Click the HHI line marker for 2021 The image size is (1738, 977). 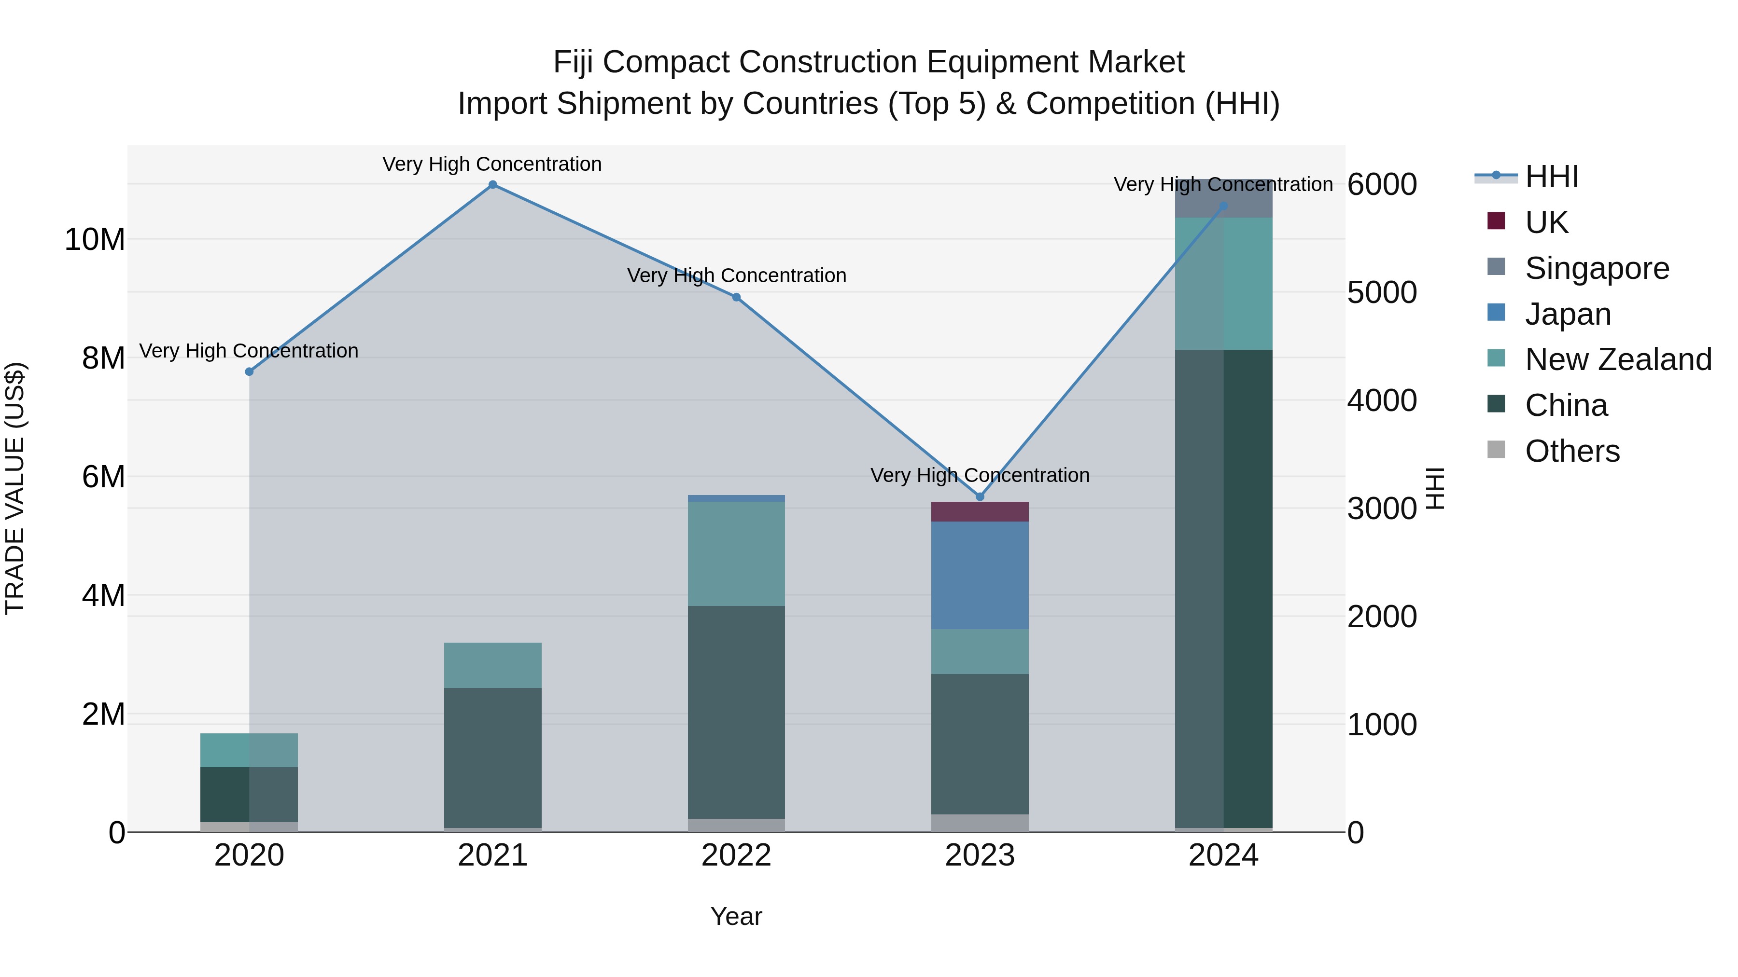click(x=492, y=185)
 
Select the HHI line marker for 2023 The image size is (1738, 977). click(x=980, y=497)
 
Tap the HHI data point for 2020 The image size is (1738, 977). click(x=249, y=372)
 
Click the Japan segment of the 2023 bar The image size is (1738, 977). click(x=980, y=575)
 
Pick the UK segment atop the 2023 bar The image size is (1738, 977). click(x=980, y=512)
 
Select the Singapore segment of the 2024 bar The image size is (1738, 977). click(x=1223, y=199)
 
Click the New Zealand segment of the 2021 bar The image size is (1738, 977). click(x=492, y=665)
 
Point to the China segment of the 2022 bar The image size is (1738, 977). click(x=736, y=712)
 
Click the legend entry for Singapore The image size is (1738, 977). click(x=1597, y=268)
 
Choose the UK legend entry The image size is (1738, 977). click(x=1546, y=222)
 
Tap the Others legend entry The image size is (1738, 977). click(x=1571, y=451)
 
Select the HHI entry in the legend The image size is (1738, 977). click(x=1551, y=177)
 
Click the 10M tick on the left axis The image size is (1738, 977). click(x=95, y=239)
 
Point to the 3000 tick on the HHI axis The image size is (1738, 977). click(x=1381, y=509)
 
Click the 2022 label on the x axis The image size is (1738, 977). click(x=736, y=855)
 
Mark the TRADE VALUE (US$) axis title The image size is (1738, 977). click(x=15, y=488)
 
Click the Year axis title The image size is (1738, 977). click(x=736, y=916)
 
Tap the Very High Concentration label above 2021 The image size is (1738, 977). click(x=492, y=164)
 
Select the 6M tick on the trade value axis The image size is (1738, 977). click(x=103, y=477)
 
